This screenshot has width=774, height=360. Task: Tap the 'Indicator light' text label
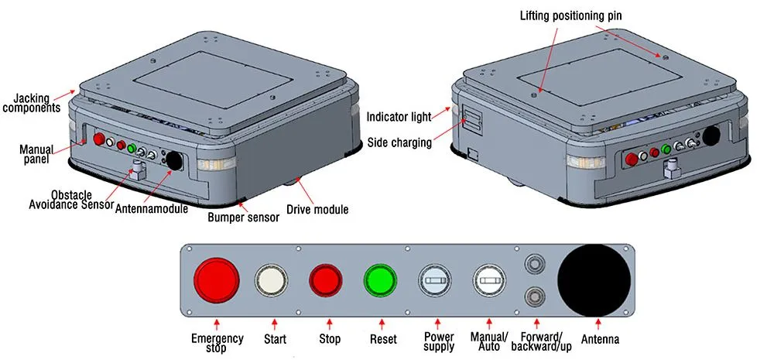tap(399, 117)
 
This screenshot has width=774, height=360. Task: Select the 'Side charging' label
tap(399, 142)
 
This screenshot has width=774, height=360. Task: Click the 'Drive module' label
tap(317, 209)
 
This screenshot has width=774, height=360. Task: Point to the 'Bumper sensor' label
tap(243, 218)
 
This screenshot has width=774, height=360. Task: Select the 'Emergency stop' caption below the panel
tap(217, 343)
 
